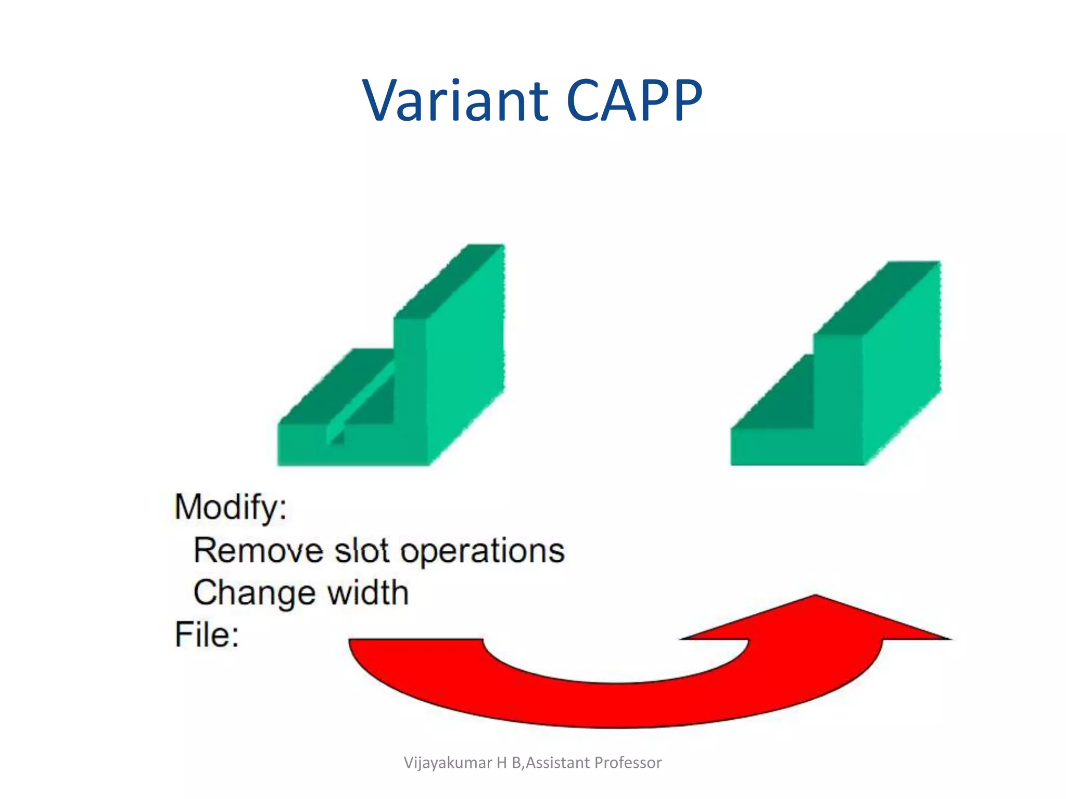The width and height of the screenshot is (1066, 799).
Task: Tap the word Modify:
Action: [231, 507]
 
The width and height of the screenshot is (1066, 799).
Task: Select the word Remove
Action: [258, 550]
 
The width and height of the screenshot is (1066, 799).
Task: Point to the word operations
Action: [483, 551]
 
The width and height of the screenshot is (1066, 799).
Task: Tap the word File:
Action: [207, 635]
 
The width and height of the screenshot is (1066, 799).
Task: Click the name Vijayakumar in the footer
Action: [448, 763]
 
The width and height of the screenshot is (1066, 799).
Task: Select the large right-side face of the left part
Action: [465, 359]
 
